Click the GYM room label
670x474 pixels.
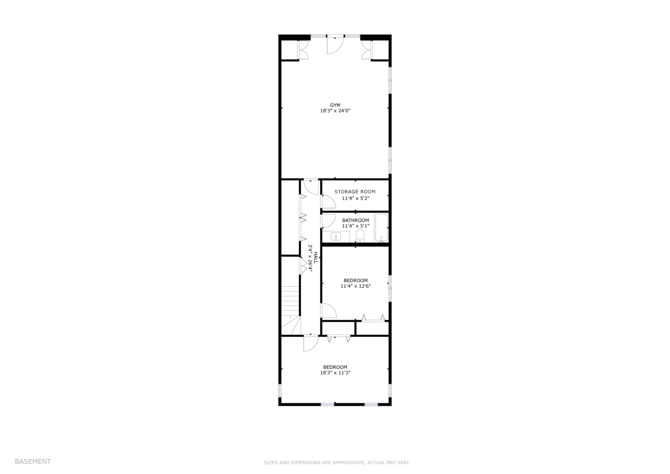[335, 105]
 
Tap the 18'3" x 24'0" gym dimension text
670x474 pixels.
[335, 111]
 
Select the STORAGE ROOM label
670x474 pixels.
[355, 191]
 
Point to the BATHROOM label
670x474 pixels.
[356, 220]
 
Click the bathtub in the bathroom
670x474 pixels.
[381, 227]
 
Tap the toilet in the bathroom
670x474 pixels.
[360, 236]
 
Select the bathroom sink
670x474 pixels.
[336, 237]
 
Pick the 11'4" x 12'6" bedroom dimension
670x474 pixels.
[356, 286]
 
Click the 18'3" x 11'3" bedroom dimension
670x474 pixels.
[335, 373]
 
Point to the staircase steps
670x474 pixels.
[290, 301]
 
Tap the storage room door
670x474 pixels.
[328, 201]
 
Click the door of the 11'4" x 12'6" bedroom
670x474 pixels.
[329, 311]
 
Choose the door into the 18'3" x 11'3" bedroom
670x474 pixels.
[311, 344]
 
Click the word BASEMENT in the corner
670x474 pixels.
[33, 461]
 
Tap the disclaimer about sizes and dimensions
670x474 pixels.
[337, 463]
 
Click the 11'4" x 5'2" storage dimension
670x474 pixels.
[356, 198]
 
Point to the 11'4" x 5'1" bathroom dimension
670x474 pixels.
[356, 226]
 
